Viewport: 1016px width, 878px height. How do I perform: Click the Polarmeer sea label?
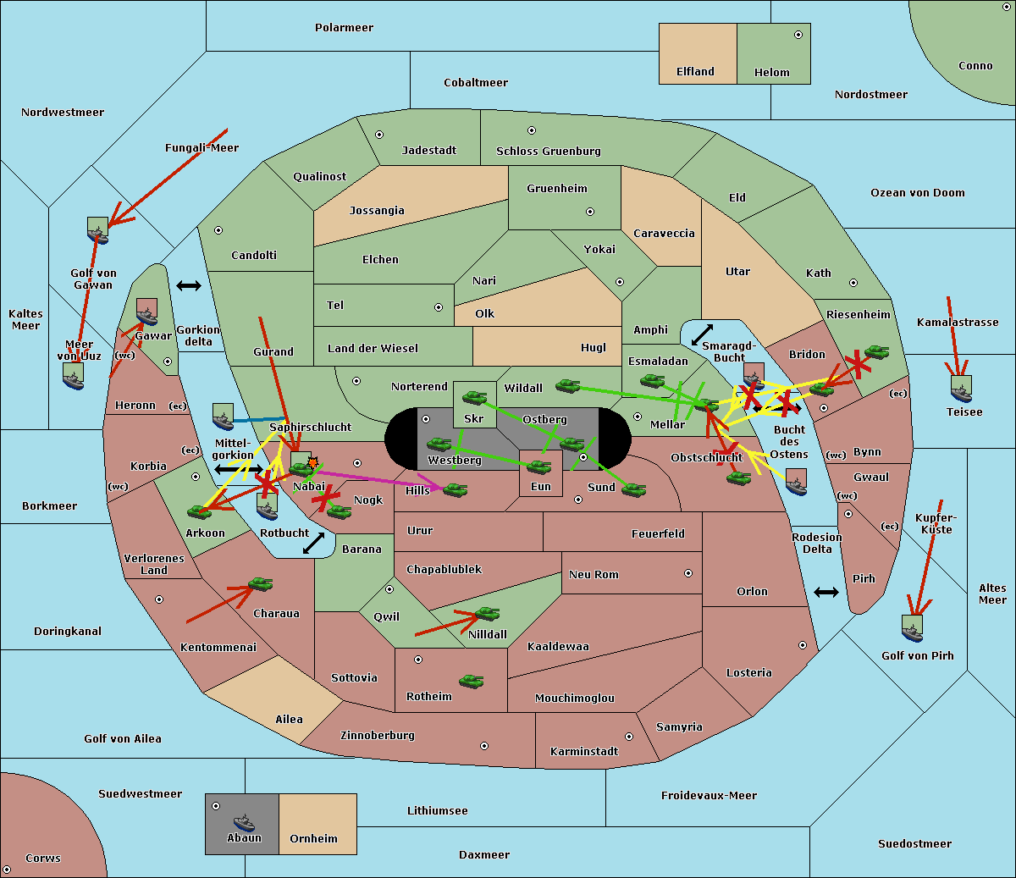(x=344, y=28)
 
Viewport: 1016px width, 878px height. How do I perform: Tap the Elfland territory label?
(x=695, y=72)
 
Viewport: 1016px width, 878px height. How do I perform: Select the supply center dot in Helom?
(x=798, y=35)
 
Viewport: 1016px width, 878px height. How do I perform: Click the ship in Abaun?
(x=244, y=822)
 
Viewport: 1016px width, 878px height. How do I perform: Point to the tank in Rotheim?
(x=472, y=680)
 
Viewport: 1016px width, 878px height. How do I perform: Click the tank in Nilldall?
(x=487, y=614)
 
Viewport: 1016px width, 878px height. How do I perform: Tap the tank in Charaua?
(x=260, y=584)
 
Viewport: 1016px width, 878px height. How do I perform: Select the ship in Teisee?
(x=961, y=389)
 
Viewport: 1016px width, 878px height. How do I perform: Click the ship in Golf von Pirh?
(x=912, y=627)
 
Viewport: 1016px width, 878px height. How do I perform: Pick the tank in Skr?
(x=474, y=396)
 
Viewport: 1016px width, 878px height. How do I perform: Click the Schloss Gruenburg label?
(x=548, y=152)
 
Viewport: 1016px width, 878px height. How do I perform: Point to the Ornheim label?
(x=313, y=839)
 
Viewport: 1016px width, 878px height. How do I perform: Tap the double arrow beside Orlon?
(x=826, y=592)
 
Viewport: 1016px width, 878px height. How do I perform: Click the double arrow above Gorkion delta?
(x=188, y=286)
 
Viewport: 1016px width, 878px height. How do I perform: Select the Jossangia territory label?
(x=377, y=211)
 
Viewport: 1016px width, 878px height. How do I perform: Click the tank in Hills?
(x=456, y=489)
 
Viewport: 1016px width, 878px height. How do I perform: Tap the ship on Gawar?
(x=147, y=312)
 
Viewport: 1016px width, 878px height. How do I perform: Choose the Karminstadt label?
(x=584, y=752)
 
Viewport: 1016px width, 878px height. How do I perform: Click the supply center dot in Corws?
(x=7, y=870)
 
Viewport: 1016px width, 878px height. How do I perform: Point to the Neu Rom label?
(x=594, y=575)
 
